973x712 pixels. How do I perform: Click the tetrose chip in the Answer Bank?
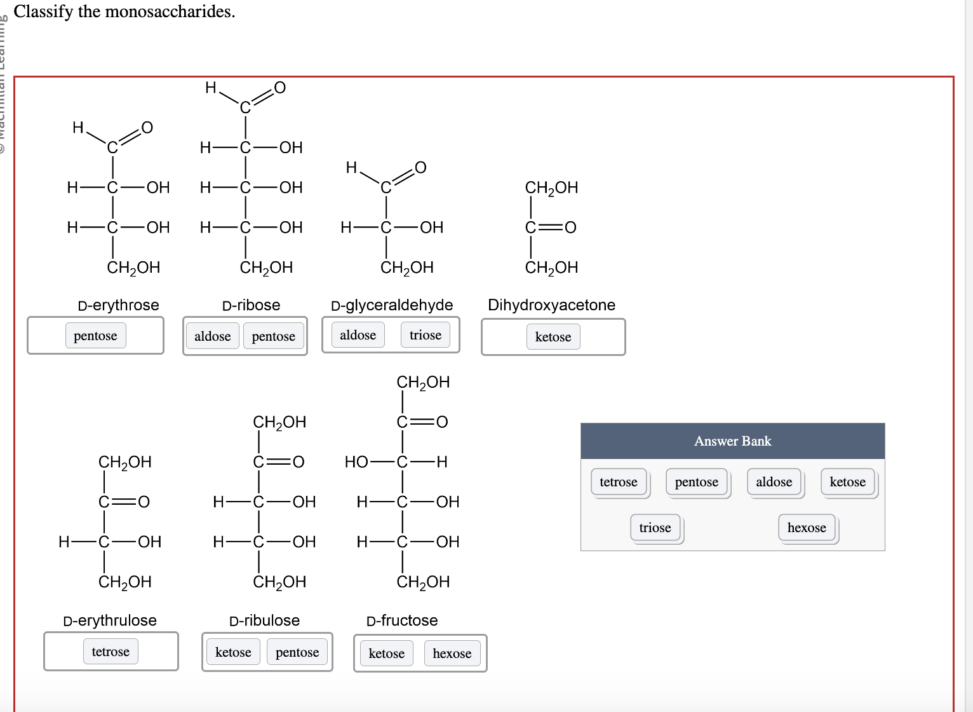[618, 482]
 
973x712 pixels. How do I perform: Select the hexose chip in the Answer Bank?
[806, 528]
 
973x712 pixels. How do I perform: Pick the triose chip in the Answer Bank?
[655, 528]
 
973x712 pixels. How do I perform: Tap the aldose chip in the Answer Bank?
[774, 482]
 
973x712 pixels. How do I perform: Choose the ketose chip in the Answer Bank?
[847, 482]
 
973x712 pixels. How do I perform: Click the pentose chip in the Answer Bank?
[696, 482]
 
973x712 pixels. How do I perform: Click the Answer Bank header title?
[732, 441]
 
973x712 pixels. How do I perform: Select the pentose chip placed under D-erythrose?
[95, 336]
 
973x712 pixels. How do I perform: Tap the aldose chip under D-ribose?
[212, 336]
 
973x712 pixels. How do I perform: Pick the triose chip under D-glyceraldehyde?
[425, 335]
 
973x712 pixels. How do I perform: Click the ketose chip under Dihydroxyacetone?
[553, 337]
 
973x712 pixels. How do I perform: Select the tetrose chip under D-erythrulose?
[111, 652]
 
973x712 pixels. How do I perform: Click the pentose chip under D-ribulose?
[297, 652]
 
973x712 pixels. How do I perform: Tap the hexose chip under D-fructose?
[452, 654]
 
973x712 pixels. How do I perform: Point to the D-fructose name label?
[402, 620]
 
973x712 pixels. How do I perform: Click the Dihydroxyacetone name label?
[551, 305]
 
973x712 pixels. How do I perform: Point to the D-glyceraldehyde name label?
[392, 305]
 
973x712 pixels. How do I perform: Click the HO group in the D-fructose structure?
[356, 462]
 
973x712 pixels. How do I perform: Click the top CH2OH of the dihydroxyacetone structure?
[551, 188]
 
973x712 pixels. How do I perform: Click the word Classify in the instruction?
[43, 11]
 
